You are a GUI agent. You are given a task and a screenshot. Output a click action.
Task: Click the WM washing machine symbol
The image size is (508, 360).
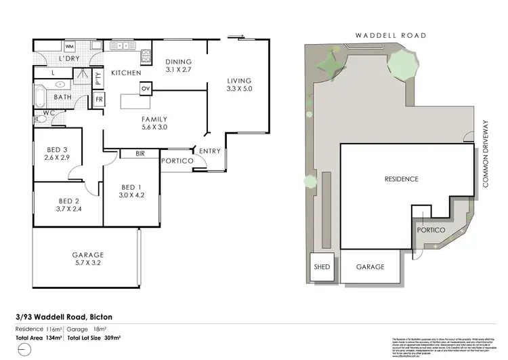69,46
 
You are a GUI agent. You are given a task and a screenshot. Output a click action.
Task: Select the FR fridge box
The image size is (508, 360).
99,99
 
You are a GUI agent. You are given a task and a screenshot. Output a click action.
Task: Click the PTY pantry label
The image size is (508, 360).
98,77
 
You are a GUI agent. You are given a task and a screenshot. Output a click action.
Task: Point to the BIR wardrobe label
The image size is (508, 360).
140,154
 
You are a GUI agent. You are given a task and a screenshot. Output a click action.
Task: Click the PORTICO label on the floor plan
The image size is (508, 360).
177,161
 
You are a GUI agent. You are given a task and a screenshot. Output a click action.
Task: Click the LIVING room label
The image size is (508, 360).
238,81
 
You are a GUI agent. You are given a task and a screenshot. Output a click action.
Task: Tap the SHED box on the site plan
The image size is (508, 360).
322,267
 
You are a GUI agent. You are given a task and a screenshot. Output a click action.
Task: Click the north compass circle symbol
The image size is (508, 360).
25,350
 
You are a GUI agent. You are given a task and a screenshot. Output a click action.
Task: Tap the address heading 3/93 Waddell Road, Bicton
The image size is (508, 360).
64,316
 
